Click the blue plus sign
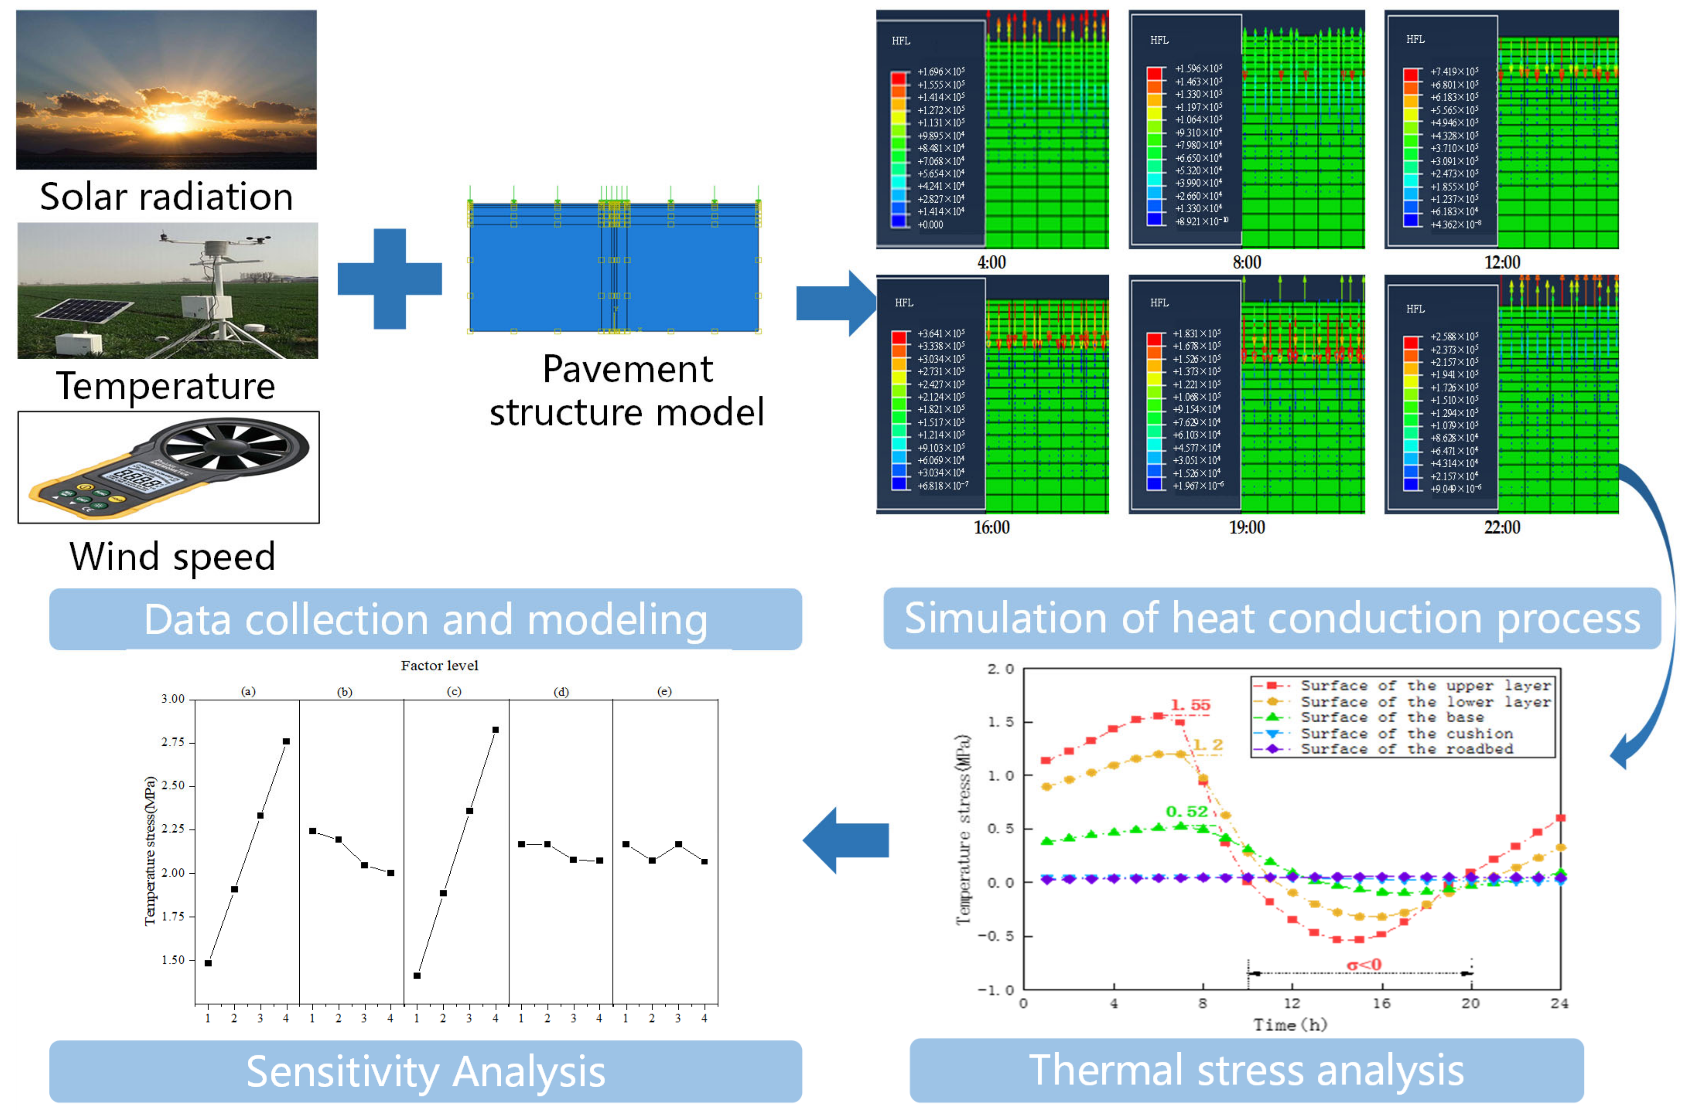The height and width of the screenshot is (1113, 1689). pos(390,278)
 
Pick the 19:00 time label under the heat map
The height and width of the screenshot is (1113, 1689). pos(1247,527)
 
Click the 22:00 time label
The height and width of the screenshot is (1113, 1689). pos(1502,527)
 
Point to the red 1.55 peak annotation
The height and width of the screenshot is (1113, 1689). pos(1190,705)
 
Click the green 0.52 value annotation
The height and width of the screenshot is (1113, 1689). pos(1187,812)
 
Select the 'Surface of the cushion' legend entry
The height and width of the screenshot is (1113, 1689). pos(1406,733)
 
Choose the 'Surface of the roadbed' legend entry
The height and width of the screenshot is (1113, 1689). pos(1406,749)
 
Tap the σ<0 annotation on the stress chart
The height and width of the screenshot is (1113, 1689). pos(1364,965)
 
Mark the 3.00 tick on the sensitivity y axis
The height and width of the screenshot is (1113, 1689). pos(172,699)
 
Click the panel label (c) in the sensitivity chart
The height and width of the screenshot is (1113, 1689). pos(454,691)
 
